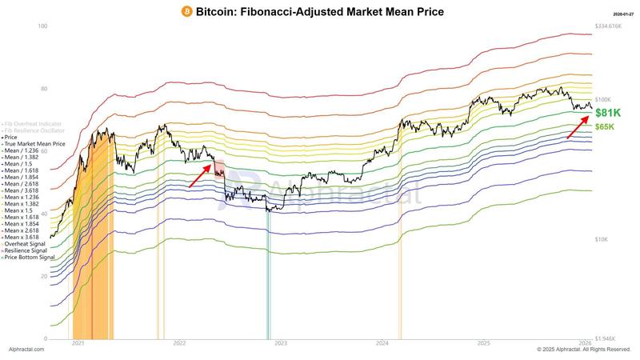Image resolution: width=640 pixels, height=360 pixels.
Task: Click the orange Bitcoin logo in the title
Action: (187, 12)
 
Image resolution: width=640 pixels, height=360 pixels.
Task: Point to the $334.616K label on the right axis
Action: (608, 26)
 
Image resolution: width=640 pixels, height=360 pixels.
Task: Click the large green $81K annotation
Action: (607, 114)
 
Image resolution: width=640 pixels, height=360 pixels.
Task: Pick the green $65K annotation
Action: (604, 127)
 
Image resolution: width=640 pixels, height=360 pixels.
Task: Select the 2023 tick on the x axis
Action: (281, 342)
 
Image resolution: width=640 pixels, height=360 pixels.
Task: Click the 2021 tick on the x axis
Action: (78, 342)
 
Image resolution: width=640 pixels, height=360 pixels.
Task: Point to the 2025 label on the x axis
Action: (483, 342)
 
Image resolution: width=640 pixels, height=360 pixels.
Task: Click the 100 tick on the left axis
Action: (43, 27)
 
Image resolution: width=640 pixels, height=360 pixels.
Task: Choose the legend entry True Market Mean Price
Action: (35, 144)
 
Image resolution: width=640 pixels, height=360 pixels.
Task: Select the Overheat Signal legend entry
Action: (27, 244)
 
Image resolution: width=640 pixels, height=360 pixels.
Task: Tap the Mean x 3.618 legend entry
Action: (25, 238)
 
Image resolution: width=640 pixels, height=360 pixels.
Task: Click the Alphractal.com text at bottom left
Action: (26, 350)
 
